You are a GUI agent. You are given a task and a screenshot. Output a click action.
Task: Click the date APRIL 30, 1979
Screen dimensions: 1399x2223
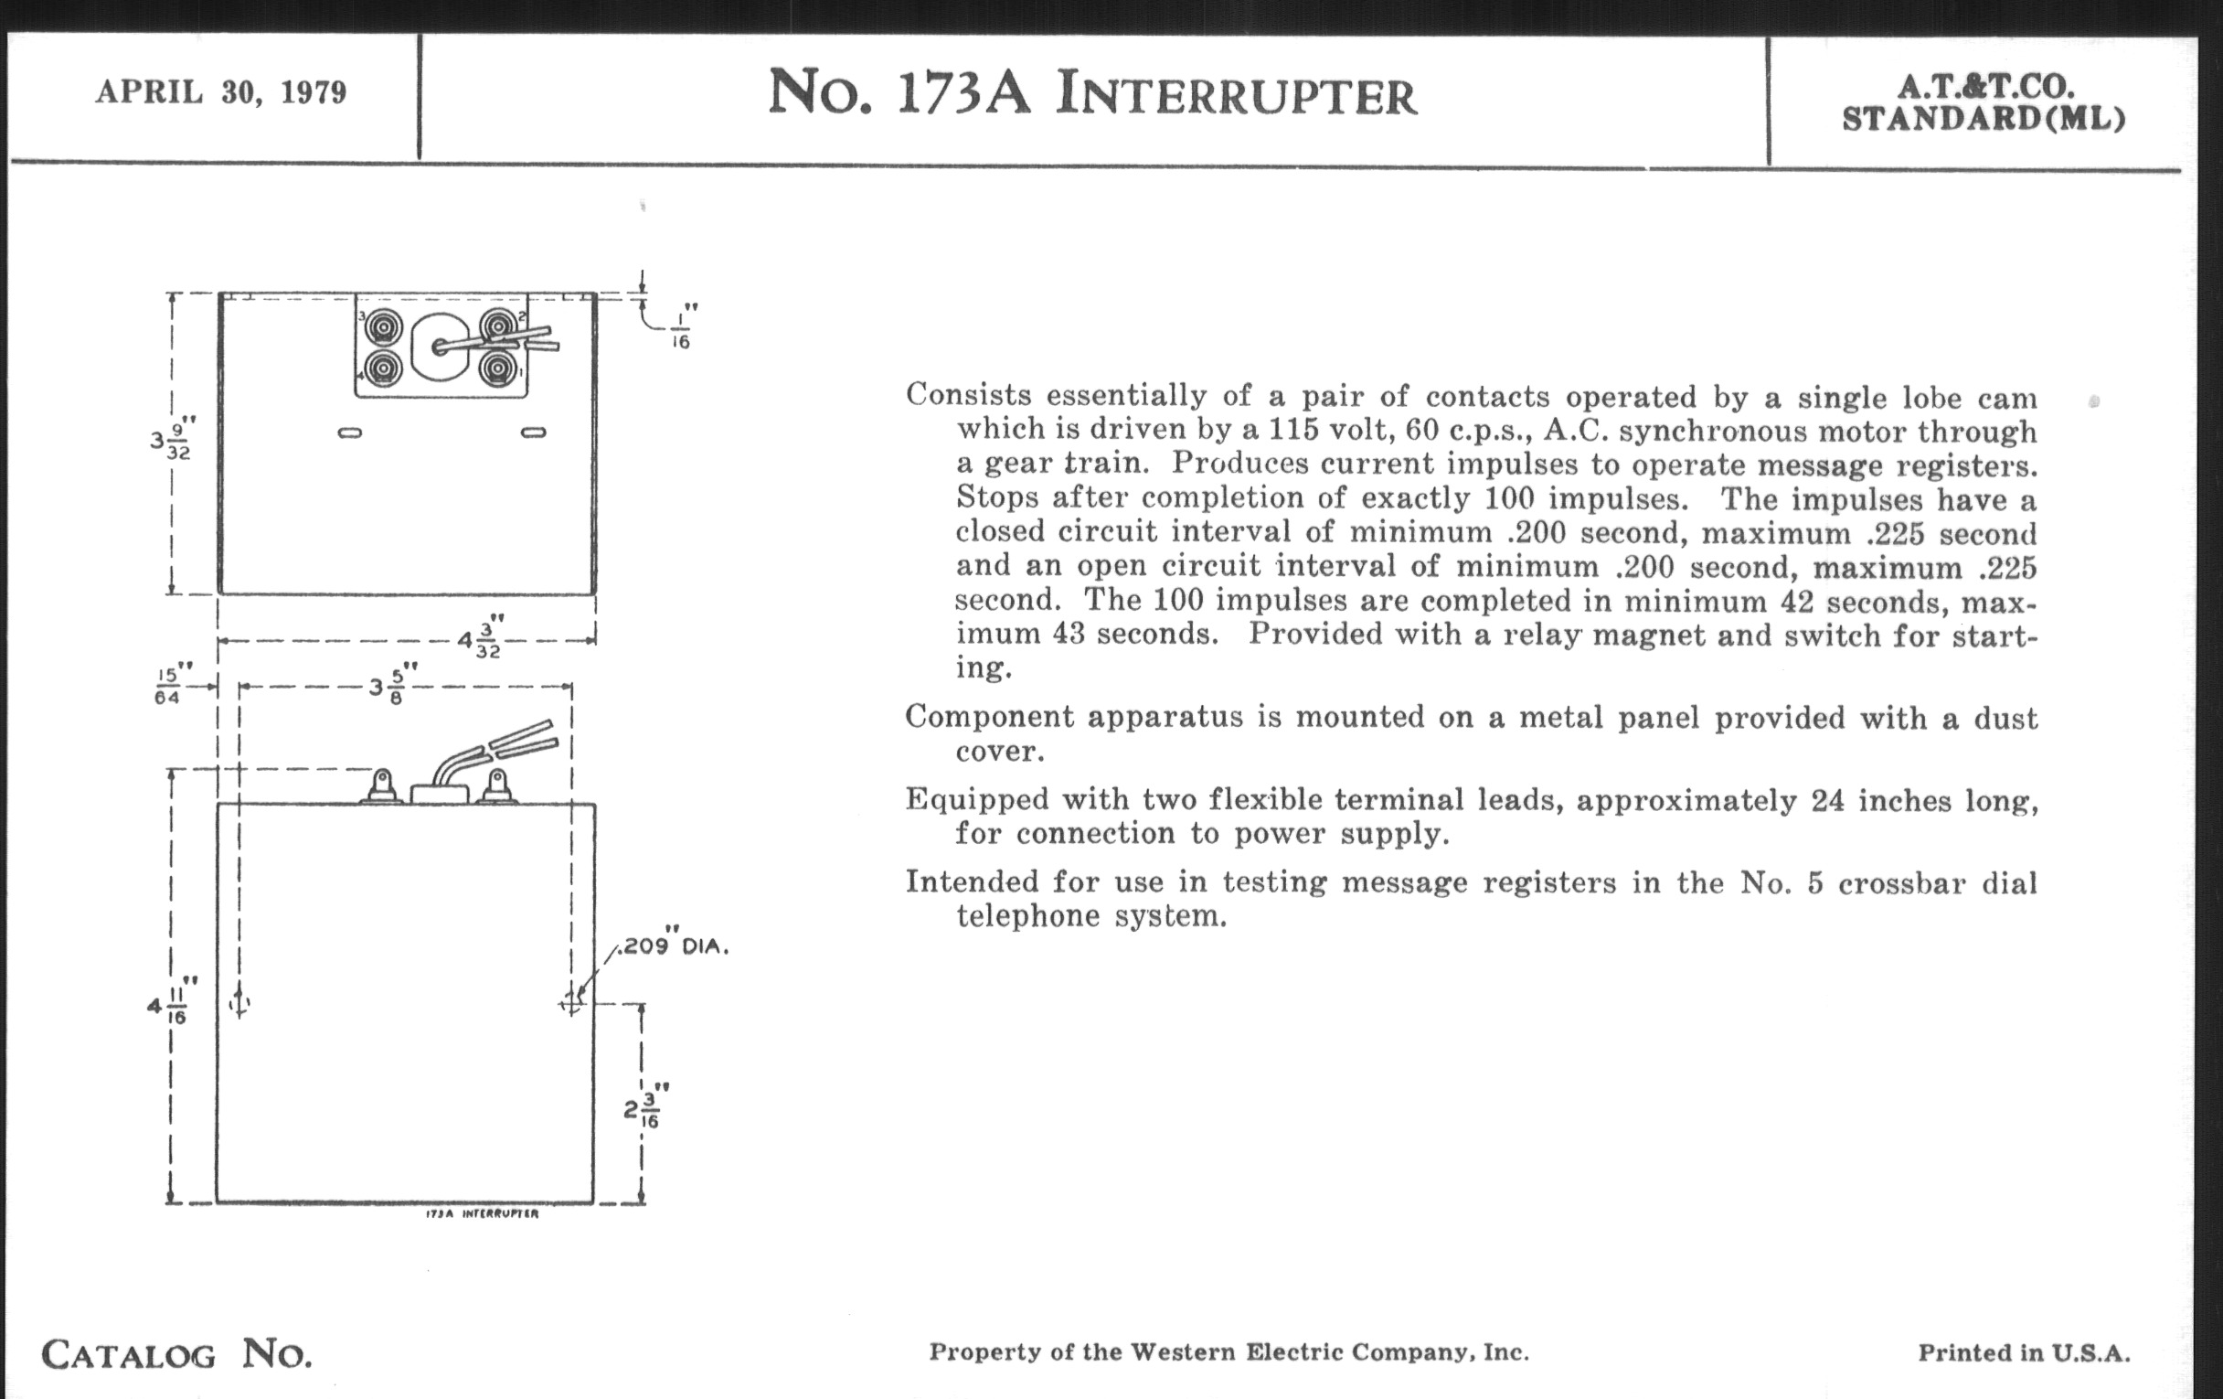(x=220, y=92)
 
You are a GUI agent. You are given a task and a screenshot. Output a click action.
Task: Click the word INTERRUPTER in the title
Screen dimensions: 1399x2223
(x=1236, y=96)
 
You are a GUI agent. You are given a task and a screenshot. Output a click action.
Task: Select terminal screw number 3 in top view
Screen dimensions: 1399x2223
(x=382, y=327)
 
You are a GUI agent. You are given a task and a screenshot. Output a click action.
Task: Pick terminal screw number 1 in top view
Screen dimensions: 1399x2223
(x=498, y=368)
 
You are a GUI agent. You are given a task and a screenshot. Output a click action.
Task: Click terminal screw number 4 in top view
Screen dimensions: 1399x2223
(x=382, y=368)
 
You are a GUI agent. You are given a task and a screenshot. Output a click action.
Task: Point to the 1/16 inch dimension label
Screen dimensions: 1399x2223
(x=681, y=330)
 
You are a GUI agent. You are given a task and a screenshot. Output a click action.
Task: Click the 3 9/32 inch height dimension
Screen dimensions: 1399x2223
(x=173, y=440)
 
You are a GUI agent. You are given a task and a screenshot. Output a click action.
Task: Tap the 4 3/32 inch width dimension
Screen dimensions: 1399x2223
(x=481, y=638)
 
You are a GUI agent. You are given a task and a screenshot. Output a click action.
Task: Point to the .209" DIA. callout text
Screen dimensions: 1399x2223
(x=674, y=946)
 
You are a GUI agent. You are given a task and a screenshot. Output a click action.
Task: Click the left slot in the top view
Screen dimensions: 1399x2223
(x=350, y=433)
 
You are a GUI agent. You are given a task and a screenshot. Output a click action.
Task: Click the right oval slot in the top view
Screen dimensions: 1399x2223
(x=534, y=433)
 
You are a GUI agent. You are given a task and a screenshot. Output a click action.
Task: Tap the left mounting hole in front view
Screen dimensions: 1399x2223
(x=239, y=1003)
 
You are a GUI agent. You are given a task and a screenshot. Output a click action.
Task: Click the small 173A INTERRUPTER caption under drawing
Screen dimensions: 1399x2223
(x=481, y=1213)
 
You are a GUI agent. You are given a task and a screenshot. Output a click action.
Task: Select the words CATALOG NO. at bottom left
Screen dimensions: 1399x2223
(x=176, y=1355)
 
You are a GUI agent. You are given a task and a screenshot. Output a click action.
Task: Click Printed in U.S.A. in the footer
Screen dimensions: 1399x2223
(x=2024, y=1354)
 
